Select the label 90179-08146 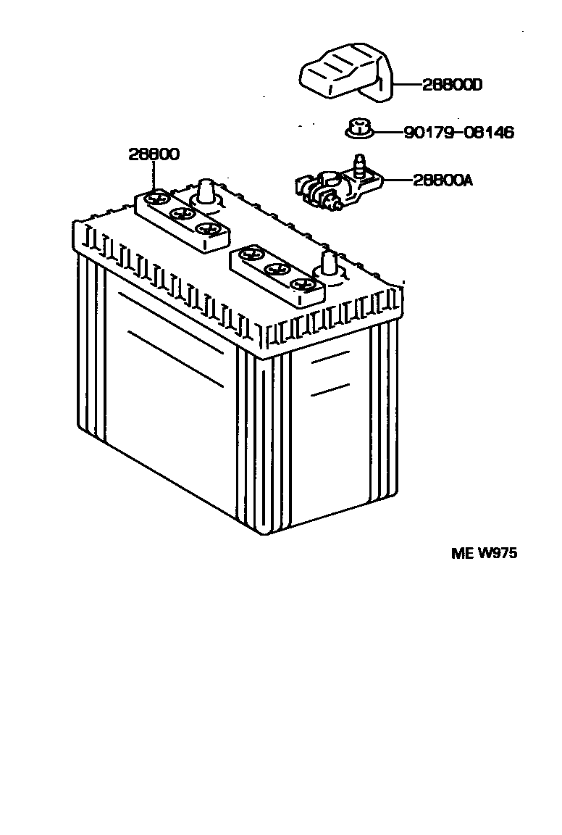pos(458,133)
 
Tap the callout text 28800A pos(443,180)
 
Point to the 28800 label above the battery pos(154,154)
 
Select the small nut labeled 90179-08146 pos(356,130)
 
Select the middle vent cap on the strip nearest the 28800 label pos(182,214)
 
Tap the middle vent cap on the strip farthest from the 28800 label pos(275,270)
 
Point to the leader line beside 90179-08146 pos(387,133)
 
